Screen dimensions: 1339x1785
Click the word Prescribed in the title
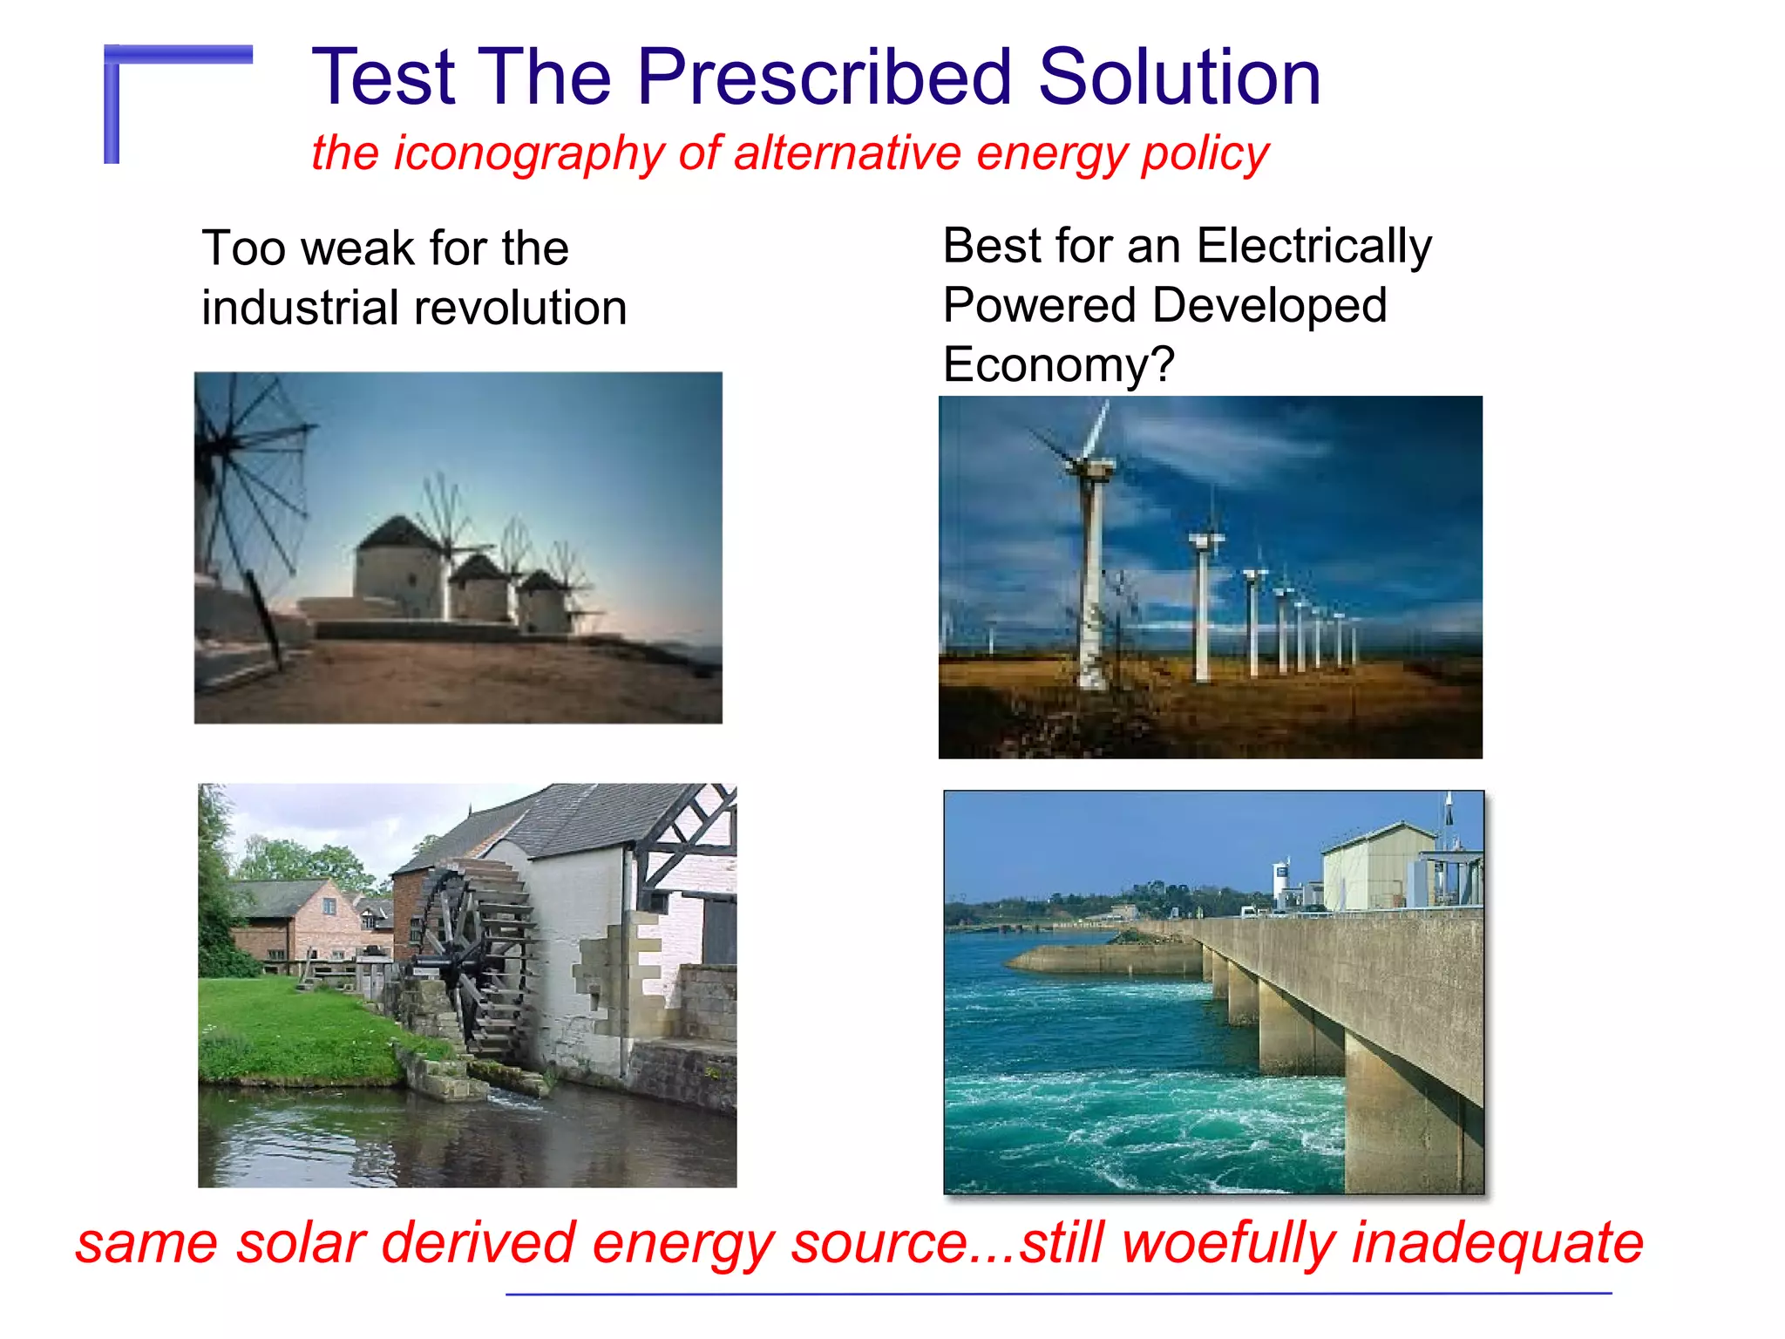(x=824, y=78)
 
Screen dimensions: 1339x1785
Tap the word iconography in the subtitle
(x=529, y=153)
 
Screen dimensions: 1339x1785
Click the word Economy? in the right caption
(x=1058, y=364)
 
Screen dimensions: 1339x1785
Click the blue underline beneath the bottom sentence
(x=1058, y=1294)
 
